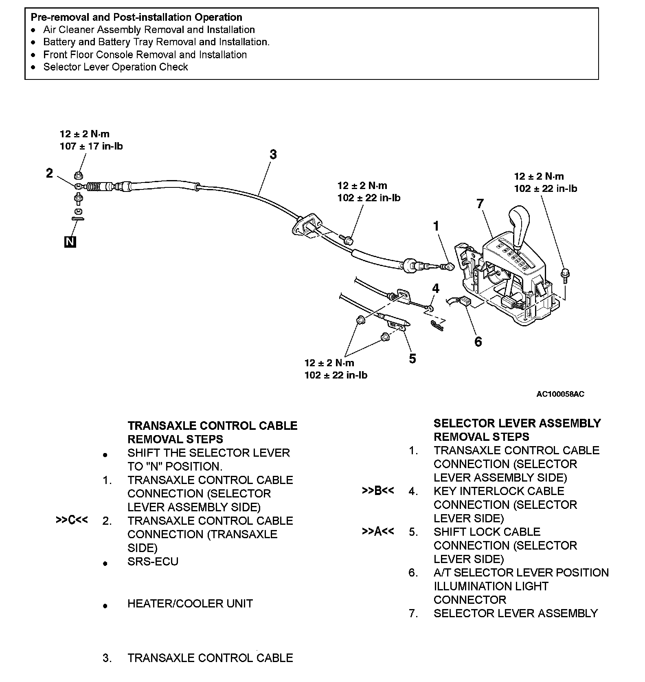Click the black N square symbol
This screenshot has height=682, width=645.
(70, 242)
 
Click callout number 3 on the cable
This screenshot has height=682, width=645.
(273, 154)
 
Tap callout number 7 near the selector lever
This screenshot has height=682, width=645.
(480, 203)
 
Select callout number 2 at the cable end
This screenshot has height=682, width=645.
(49, 174)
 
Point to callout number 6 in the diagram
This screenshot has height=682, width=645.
(478, 341)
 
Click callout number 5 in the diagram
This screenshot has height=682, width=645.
(412, 359)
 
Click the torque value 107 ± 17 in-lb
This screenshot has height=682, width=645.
(91, 146)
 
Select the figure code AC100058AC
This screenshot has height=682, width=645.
(560, 394)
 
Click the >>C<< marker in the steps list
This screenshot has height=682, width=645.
(72, 520)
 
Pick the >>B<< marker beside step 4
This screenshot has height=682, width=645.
(378, 491)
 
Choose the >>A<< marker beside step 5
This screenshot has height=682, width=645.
(378, 531)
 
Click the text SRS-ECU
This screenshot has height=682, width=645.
(153, 561)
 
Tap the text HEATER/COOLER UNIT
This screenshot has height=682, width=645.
(190, 603)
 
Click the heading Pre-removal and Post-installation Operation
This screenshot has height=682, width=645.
(136, 17)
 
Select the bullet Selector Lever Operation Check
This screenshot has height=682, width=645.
(115, 67)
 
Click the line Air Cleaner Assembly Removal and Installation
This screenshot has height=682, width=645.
(149, 30)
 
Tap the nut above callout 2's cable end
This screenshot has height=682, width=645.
(79, 175)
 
